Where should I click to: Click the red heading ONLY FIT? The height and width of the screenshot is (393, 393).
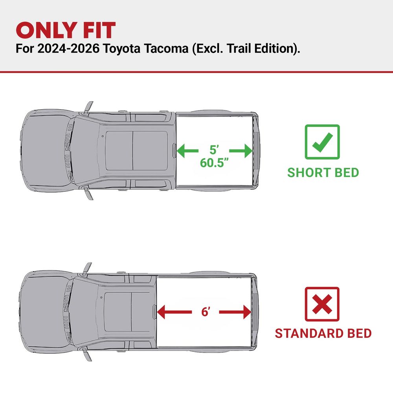tap(66, 30)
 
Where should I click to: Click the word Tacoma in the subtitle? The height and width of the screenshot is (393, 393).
tap(166, 48)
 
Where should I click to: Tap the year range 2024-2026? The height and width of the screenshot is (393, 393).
tap(68, 48)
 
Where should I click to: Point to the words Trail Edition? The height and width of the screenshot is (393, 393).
tap(261, 48)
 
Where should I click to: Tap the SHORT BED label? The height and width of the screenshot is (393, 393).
tap(323, 173)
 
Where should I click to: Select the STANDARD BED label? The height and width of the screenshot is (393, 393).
tap(323, 333)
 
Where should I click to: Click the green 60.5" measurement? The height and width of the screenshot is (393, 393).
tap(214, 162)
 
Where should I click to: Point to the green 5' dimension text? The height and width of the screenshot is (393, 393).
tap(214, 150)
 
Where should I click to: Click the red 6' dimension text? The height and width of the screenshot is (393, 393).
tap(206, 312)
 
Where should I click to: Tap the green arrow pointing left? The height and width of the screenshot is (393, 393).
tap(187, 151)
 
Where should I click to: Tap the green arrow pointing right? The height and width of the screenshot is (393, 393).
tap(241, 151)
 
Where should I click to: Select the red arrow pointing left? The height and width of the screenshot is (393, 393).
tap(174, 312)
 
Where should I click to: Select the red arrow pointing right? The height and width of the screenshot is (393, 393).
tap(235, 312)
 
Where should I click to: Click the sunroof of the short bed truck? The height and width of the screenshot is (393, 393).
tap(136, 151)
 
